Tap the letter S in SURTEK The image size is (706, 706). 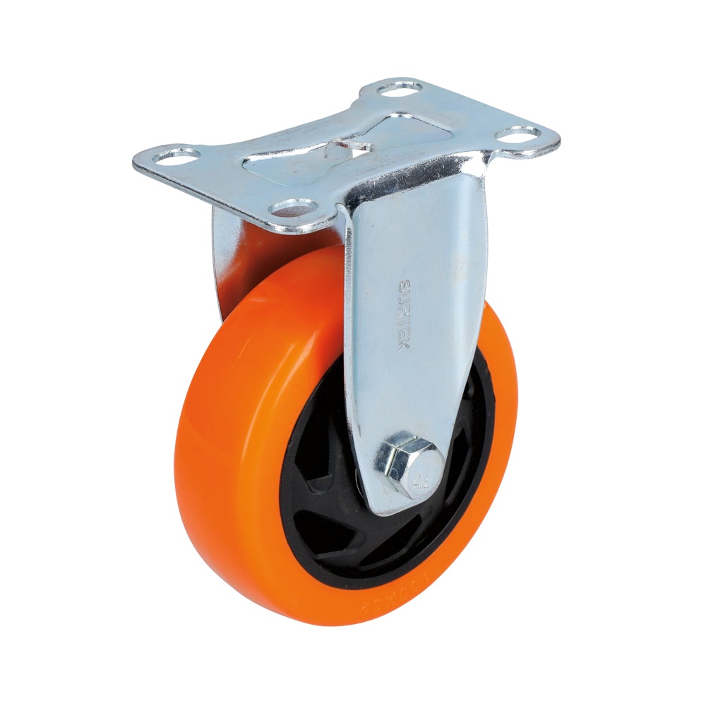(x=404, y=285)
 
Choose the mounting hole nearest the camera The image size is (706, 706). (x=293, y=207)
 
